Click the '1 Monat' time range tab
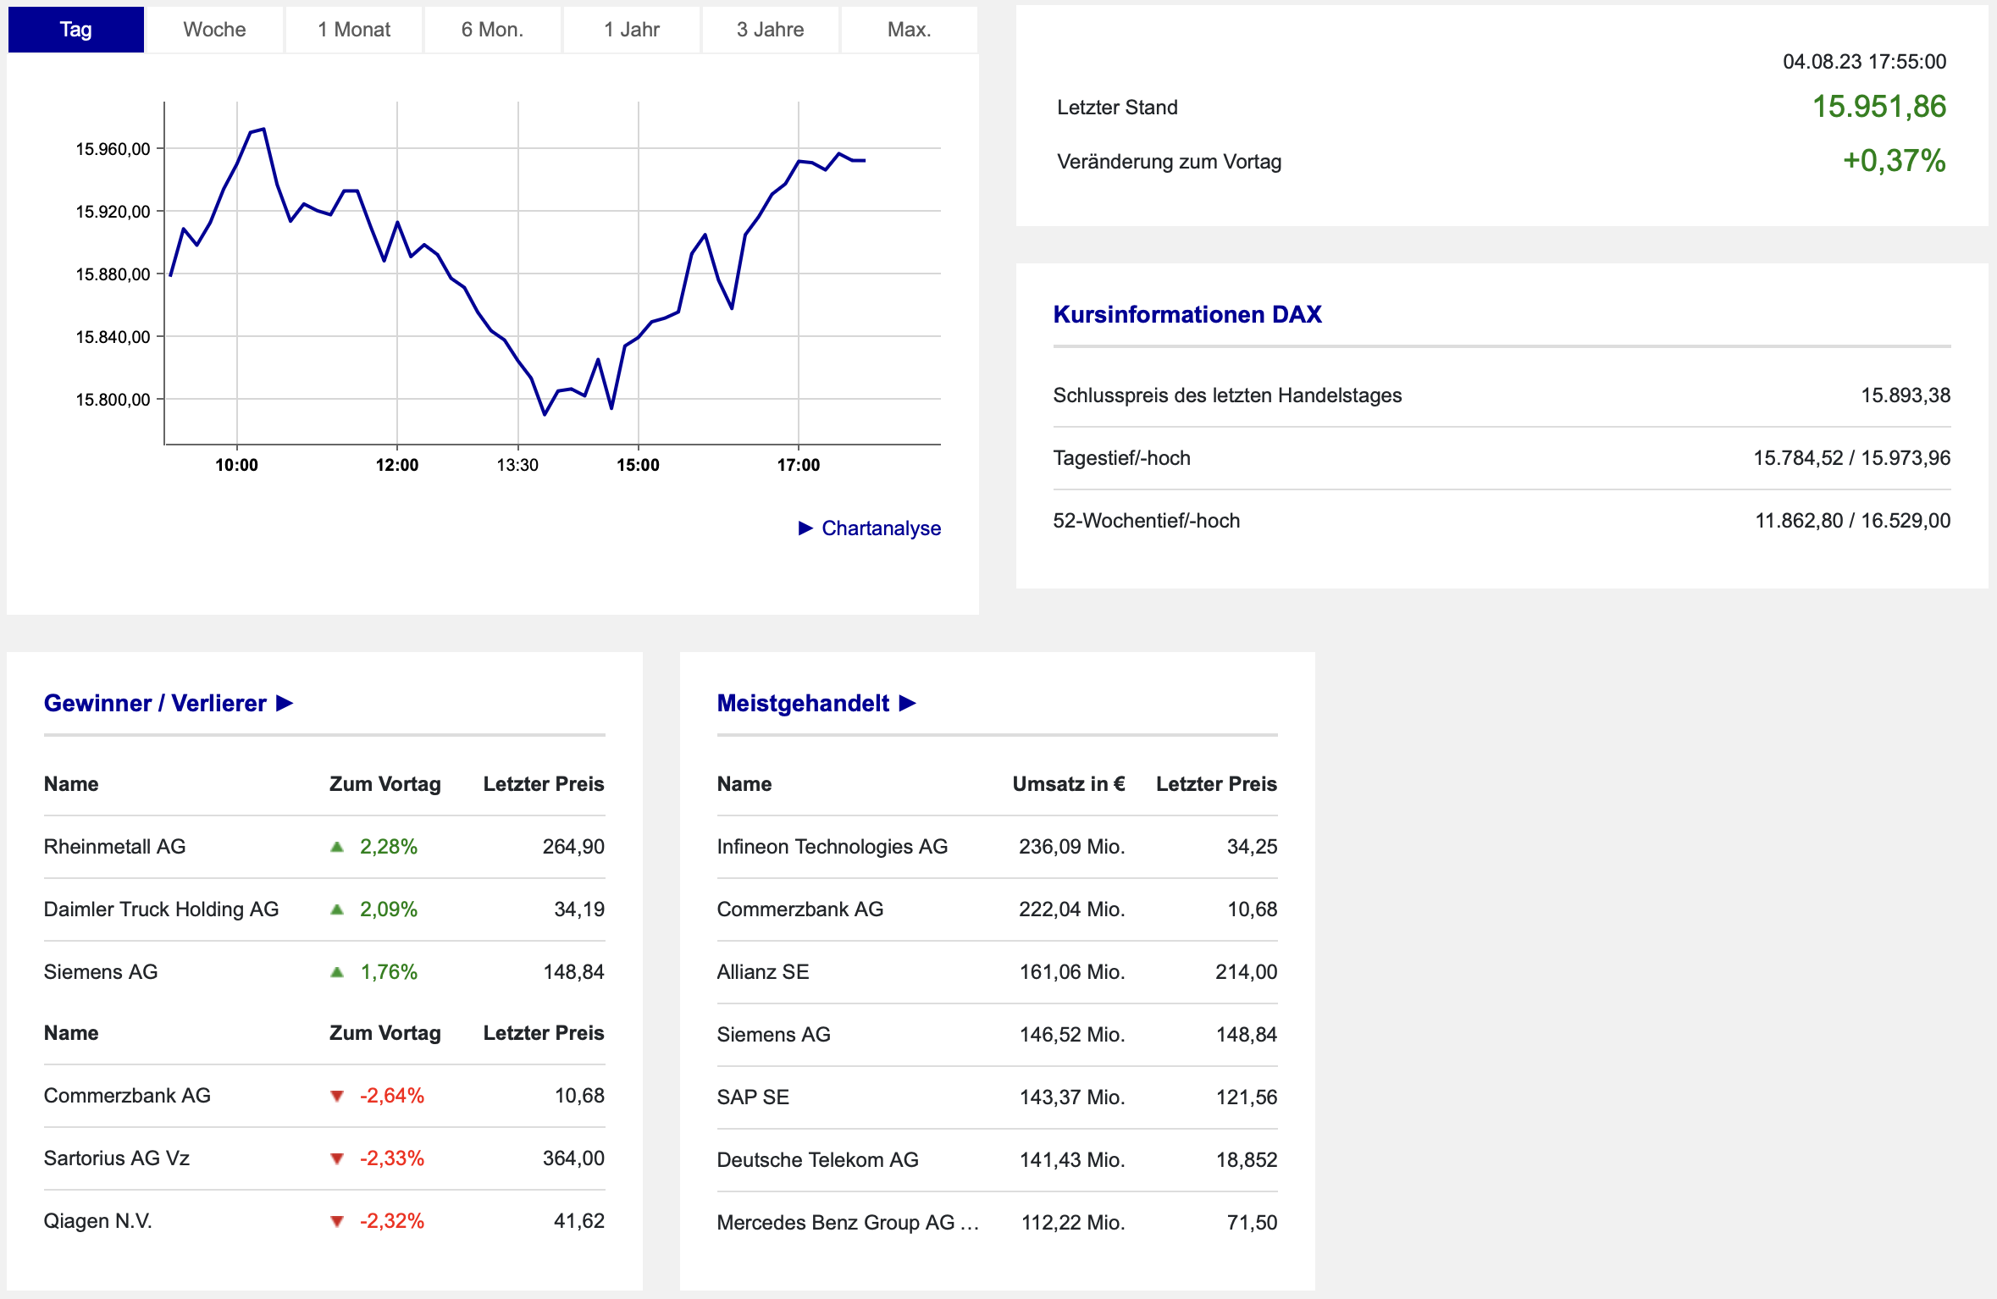tap(354, 30)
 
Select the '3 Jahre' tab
tap(770, 30)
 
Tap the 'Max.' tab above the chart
tap(909, 30)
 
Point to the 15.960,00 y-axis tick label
tap(113, 149)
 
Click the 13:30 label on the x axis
tap(517, 465)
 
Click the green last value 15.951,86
tap(1879, 107)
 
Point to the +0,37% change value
tap(1895, 161)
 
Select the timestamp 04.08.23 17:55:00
tap(1865, 62)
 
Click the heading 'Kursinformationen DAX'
tap(1187, 314)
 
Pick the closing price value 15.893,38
tap(1906, 395)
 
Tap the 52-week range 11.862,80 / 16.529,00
tap(1853, 521)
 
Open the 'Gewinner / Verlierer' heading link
tap(169, 703)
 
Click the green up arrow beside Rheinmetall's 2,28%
tap(337, 847)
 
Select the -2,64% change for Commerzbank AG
tap(392, 1096)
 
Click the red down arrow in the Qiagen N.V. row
tap(337, 1221)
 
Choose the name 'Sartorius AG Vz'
tap(117, 1158)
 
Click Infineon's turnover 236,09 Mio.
tap(1072, 847)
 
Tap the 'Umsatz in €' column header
tap(1069, 784)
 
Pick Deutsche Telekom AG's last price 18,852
tap(1247, 1160)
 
